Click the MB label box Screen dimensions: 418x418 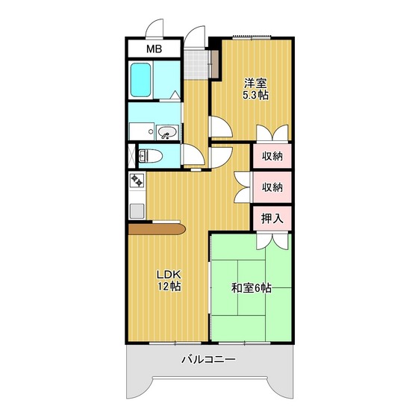154,49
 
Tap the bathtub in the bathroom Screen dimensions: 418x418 142,80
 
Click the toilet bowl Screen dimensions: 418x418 148,155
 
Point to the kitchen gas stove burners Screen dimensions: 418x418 137,180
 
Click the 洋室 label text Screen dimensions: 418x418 255,83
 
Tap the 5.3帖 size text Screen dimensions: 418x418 255,96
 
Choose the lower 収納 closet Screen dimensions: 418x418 272,187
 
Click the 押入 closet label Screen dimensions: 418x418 272,219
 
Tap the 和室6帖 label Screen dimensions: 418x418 251,287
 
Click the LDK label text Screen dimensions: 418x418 168,274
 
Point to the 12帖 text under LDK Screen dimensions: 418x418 168,287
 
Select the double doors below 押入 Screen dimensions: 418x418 270,240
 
